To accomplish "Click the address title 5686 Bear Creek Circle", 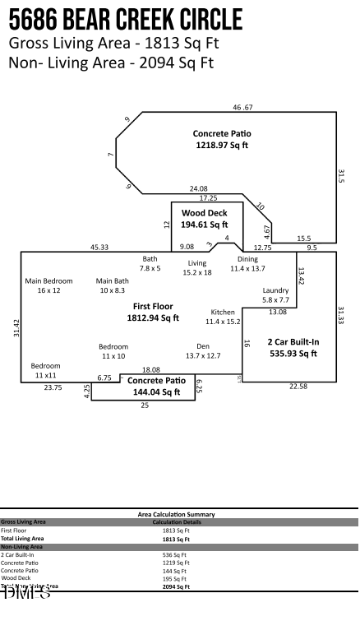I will pos(125,18).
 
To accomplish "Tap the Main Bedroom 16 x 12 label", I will pos(48,285).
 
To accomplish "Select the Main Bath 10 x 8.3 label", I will pos(112,285).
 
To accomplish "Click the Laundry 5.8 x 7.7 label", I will pos(275,295).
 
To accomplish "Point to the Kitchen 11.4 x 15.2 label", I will pos(223,317).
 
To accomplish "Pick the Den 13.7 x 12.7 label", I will pos(203,351).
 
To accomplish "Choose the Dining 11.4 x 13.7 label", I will pos(247,264).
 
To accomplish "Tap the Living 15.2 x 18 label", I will pos(197,267).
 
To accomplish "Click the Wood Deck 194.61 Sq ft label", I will pos(205,218).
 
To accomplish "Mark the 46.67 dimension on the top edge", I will pos(242,108).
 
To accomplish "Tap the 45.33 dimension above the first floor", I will pos(99,247).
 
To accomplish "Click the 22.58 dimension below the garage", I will pos(298,387).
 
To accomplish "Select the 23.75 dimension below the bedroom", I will pos(53,387).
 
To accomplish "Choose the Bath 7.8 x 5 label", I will pos(150,263).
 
